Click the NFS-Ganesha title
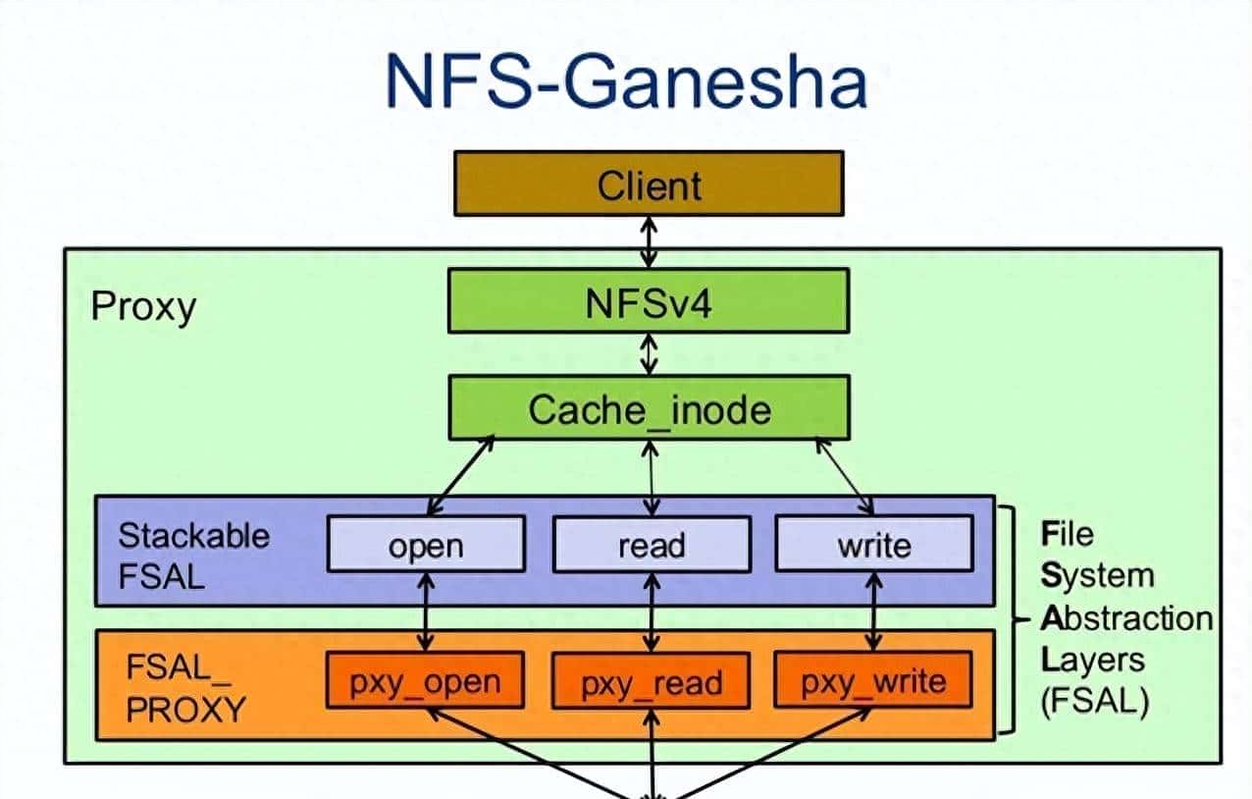[x=626, y=80]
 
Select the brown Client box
[x=648, y=184]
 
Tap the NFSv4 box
[x=648, y=301]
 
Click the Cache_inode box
[x=648, y=407]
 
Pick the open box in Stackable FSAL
[x=426, y=545]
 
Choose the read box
[x=651, y=545]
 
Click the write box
[x=873, y=545]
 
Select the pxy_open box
[x=426, y=680]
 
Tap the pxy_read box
[x=651, y=680]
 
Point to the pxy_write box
[x=873, y=680]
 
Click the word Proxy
[x=143, y=307]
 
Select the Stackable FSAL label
[x=192, y=555]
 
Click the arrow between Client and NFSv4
[x=648, y=241]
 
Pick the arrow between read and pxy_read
[x=651, y=612]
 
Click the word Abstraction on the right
[x=1126, y=618]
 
